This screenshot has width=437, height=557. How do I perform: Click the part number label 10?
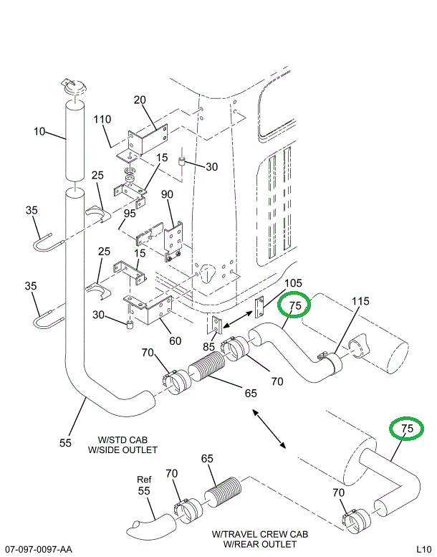(39, 132)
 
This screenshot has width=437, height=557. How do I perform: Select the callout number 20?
(140, 100)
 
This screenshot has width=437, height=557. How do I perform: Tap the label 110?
(102, 120)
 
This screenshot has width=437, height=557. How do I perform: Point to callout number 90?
(167, 194)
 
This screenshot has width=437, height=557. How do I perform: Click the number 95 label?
(129, 213)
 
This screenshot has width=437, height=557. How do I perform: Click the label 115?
(360, 301)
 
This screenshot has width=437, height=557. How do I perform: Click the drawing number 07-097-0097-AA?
(38, 549)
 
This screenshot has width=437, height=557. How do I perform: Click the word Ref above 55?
(145, 480)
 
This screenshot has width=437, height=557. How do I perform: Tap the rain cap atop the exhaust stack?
(75, 87)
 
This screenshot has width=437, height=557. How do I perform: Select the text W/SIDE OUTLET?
(122, 449)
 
